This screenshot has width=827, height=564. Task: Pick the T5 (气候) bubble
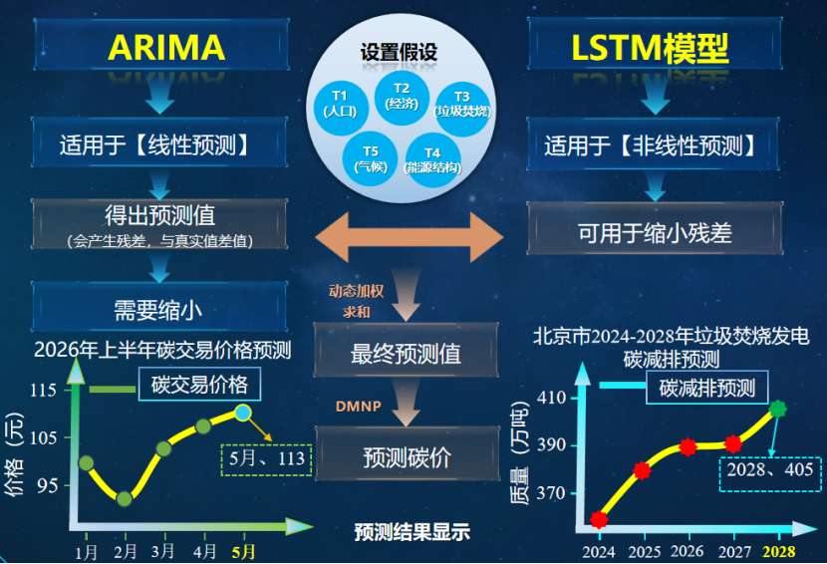370,158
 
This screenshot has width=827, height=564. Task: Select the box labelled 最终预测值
406,353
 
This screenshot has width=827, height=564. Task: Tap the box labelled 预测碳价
406,457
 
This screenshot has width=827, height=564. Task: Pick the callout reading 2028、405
769,469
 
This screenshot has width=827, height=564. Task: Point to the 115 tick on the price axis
42,391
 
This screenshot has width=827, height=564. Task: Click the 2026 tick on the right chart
687,551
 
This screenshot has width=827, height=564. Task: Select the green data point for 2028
778,409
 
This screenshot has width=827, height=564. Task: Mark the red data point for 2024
599,519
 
